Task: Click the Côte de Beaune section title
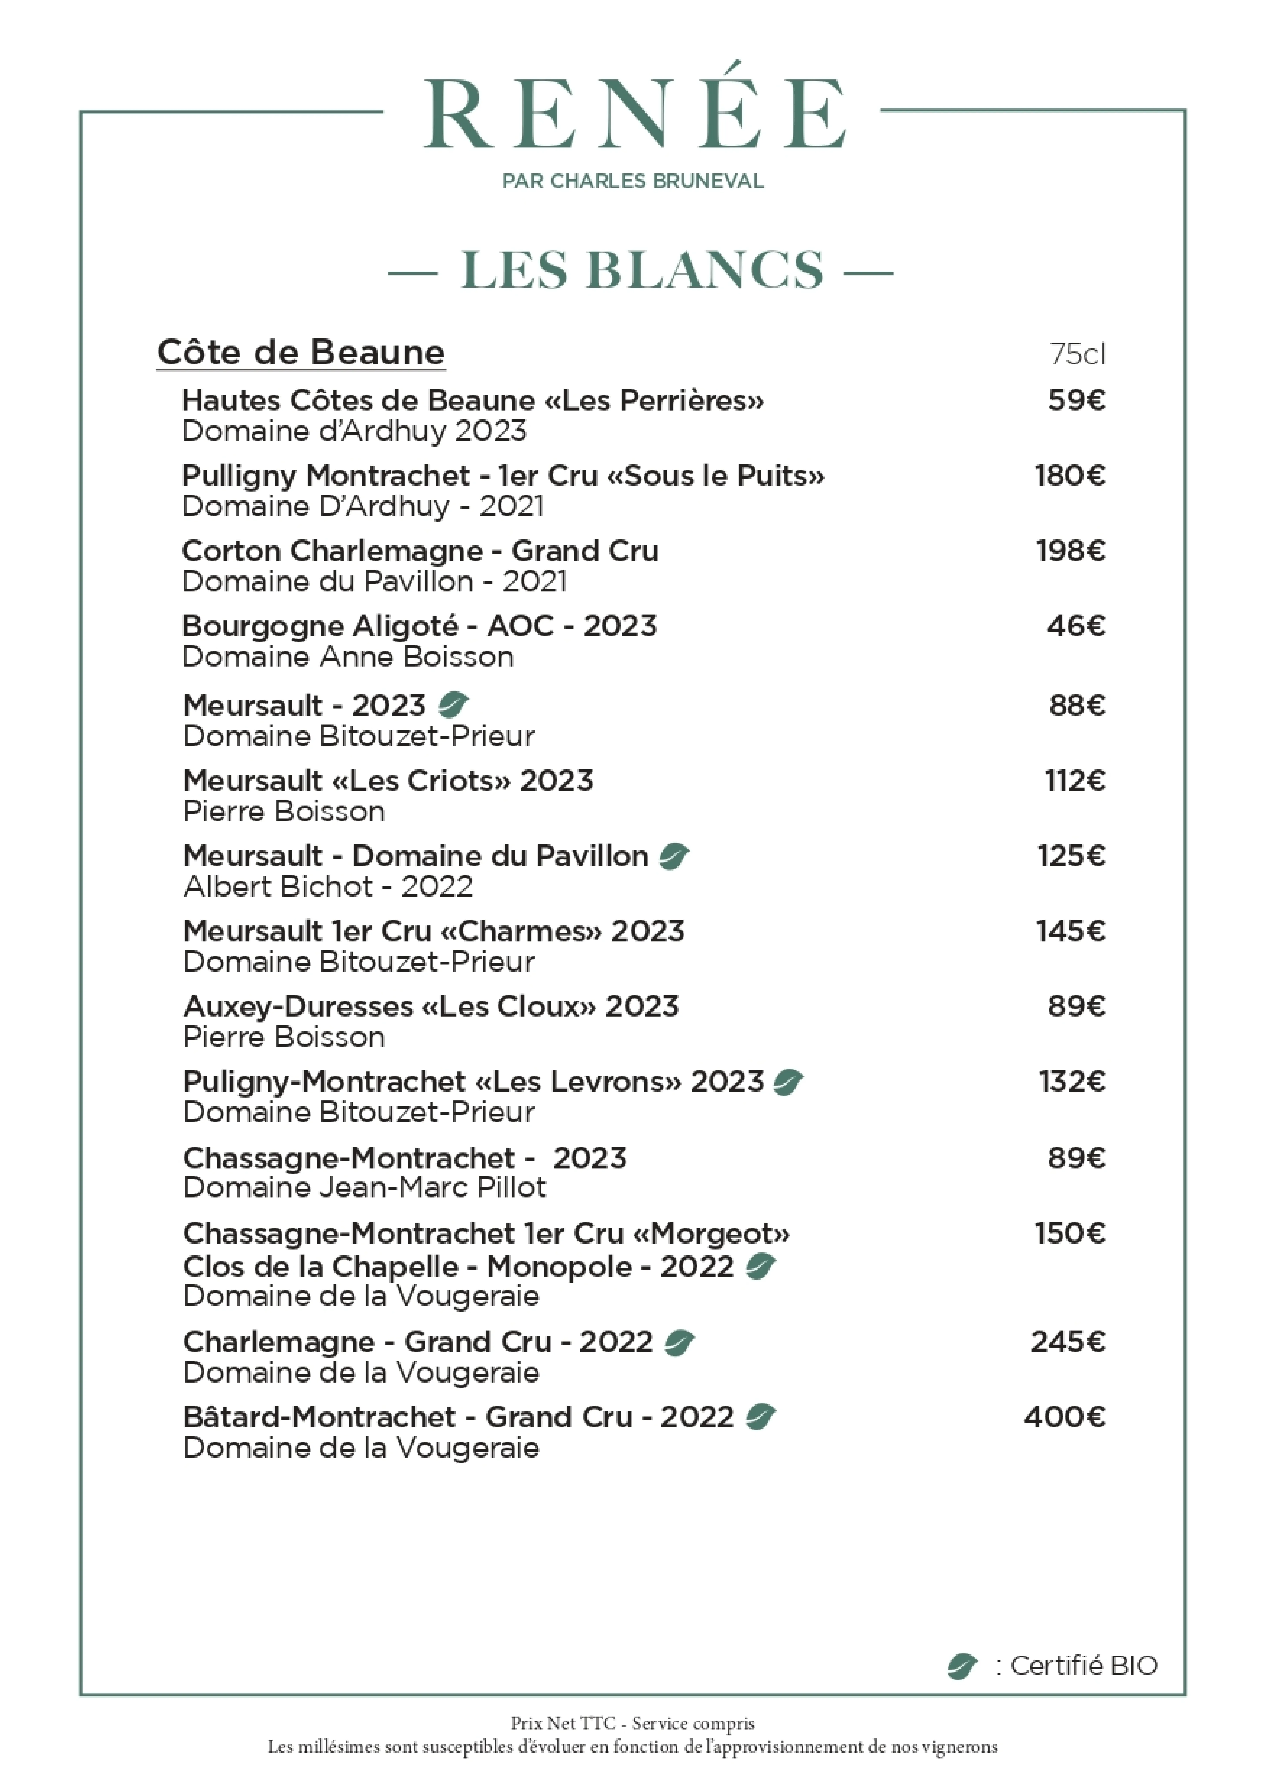(x=301, y=353)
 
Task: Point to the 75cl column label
(x=1077, y=355)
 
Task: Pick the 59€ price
(x=1077, y=400)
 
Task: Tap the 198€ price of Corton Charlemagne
(x=1070, y=551)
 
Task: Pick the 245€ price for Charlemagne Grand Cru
(x=1068, y=1342)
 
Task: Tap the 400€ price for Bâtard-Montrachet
(x=1065, y=1417)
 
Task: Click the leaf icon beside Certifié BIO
(x=962, y=1667)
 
